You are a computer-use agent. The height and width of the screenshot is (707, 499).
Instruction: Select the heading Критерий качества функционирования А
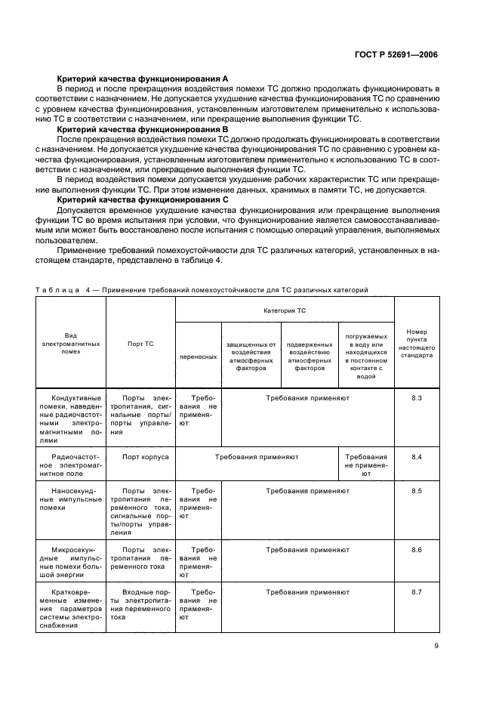tap(143, 79)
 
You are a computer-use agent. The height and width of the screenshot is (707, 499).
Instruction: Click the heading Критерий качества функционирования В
tap(143, 128)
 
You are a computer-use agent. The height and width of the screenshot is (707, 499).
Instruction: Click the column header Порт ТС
tap(140, 343)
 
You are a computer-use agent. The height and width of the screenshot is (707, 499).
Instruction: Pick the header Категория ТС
tap(285, 310)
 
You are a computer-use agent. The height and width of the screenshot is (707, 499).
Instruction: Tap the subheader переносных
tap(198, 355)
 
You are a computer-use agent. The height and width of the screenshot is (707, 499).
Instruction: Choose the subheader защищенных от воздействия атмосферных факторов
tap(251, 355)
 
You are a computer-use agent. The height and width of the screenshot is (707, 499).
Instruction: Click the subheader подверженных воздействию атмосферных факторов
tap(310, 355)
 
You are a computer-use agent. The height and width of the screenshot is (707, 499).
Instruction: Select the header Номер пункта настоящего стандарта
tap(417, 342)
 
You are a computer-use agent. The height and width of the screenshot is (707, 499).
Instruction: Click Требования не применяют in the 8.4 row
tap(366, 465)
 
